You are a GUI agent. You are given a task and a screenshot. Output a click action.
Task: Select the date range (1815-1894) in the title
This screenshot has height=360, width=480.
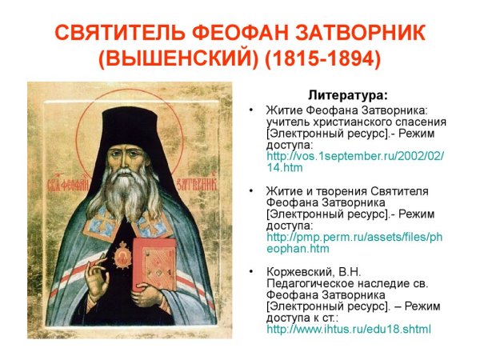(x=324, y=59)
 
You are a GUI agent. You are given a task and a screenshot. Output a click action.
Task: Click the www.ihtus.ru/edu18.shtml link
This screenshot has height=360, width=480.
(x=348, y=329)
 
